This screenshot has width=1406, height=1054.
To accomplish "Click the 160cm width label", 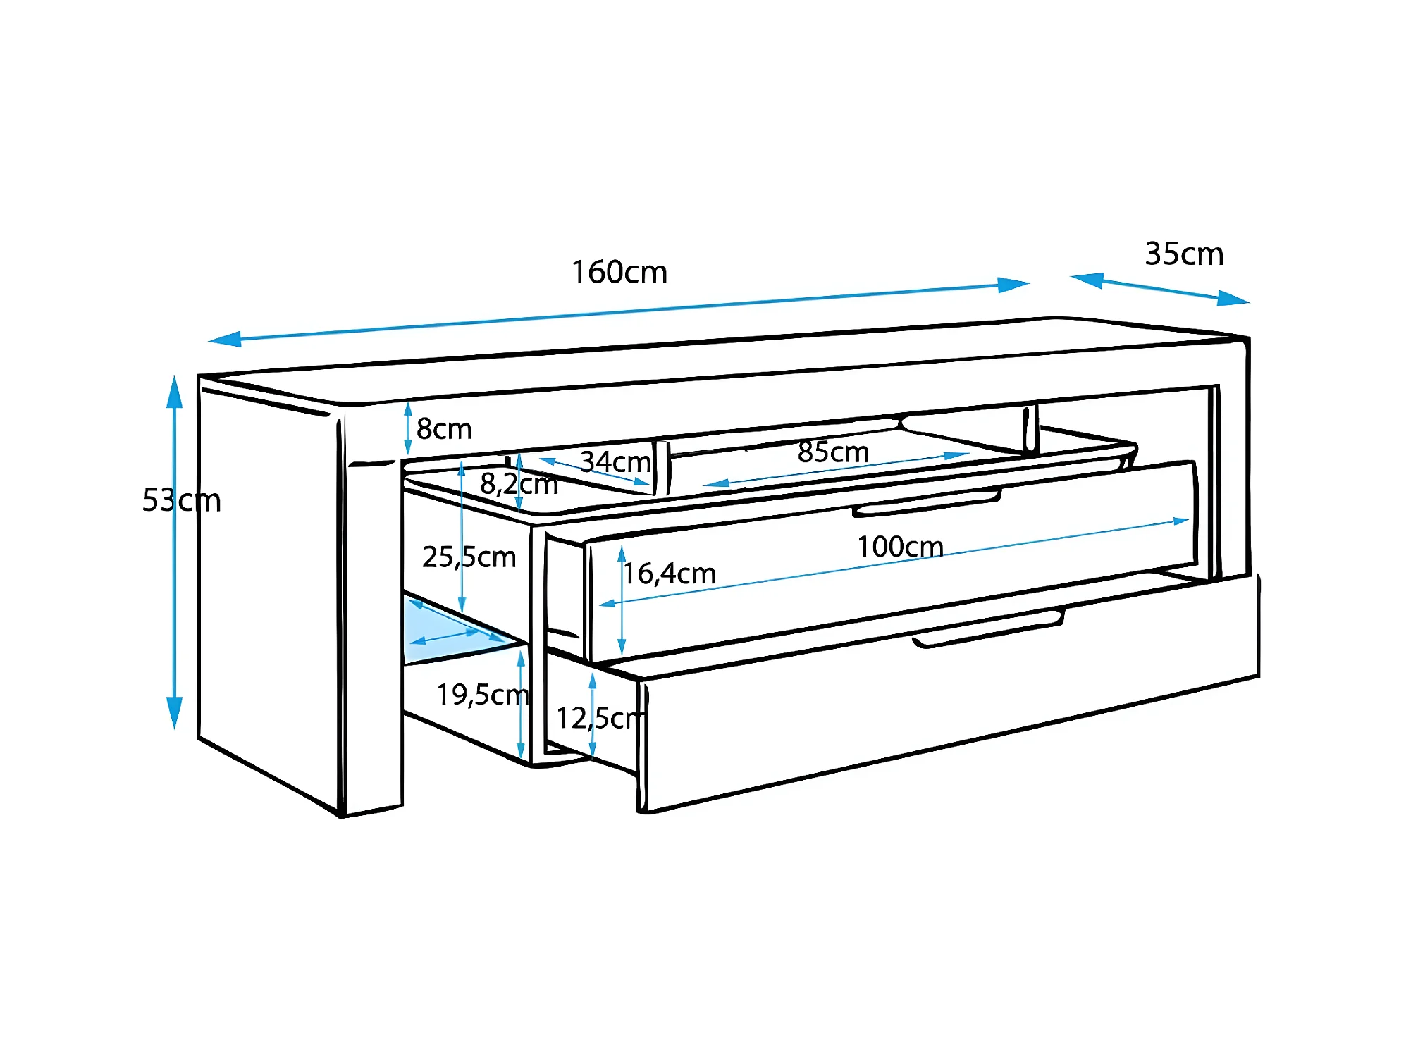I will click(x=619, y=272).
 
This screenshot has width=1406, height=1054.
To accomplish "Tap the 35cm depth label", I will click(x=1184, y=254).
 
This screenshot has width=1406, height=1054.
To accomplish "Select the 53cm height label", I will click(x=181, y=500).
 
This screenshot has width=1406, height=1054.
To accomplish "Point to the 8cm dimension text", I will click(x=443, y=428).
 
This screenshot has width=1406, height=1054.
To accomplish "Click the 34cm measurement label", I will click(x=615, y=461).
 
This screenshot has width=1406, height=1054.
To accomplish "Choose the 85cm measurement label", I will click(x=833, y=452).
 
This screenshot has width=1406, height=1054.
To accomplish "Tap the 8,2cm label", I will click(x=519, y=483).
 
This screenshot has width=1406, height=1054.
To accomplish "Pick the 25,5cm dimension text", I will click(x=469, y=557).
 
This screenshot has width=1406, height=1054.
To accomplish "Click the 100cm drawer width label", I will click(x=900, y=547).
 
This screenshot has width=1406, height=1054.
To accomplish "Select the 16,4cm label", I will click(x=669, y=573).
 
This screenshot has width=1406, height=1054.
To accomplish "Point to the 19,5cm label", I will click(x=482, y=695).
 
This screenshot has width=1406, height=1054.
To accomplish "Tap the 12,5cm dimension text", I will click(x=600, y=718).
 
